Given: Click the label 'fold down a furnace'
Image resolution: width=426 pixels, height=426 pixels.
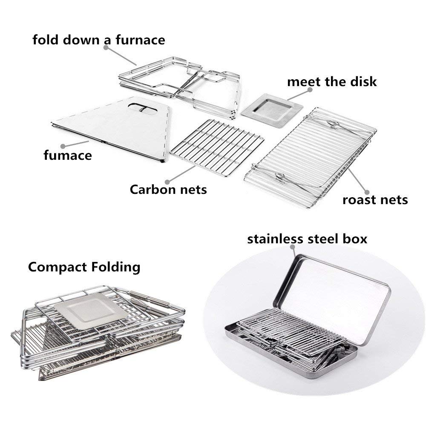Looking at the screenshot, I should (x=99, y=40).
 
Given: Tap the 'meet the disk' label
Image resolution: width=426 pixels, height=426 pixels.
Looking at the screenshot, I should (x=332, y=81).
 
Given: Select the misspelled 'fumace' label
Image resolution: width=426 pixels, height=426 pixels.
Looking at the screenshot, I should (x=67, y=155).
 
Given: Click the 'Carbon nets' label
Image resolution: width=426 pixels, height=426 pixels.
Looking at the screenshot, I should (x=168, y=189).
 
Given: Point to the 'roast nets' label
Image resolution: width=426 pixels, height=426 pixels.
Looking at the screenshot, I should (x=375, y=199).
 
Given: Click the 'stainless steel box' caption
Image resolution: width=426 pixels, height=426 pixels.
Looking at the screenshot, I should (x=307, y=239).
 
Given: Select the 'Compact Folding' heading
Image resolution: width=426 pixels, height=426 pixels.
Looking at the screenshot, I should (x=84, y=267).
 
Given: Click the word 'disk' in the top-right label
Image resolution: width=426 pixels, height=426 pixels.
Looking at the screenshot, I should (x=363, y=81).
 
